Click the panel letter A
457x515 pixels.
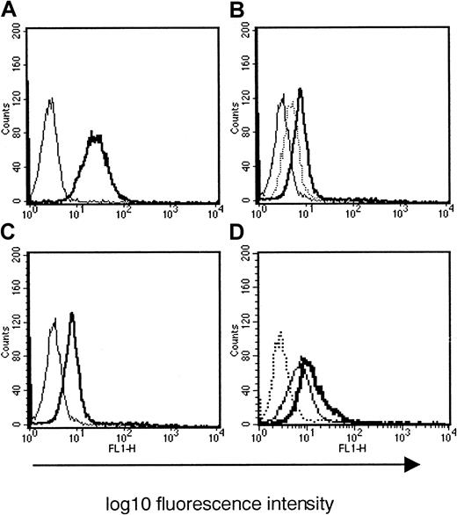point(8,9)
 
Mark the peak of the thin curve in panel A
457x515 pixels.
point(50,99)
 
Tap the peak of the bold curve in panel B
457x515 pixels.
point(301,89)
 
